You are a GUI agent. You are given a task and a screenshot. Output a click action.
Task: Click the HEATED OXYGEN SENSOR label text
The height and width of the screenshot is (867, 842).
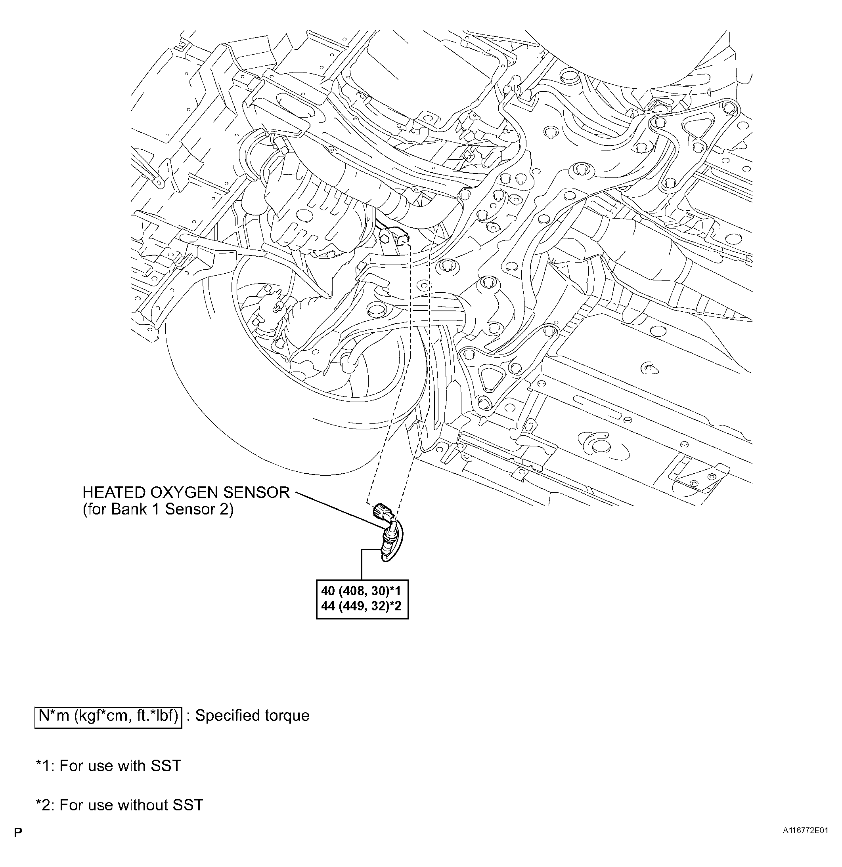(186, 492)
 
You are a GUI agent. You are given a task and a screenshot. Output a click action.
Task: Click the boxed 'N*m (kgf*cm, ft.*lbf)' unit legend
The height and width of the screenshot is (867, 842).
(108, 715)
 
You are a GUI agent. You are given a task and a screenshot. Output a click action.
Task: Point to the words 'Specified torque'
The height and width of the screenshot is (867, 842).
(253, 715)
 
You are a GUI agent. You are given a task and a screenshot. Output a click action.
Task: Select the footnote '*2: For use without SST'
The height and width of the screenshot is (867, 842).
(119, 805)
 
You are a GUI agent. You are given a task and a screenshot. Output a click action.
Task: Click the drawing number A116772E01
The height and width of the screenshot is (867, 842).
(805, 830)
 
